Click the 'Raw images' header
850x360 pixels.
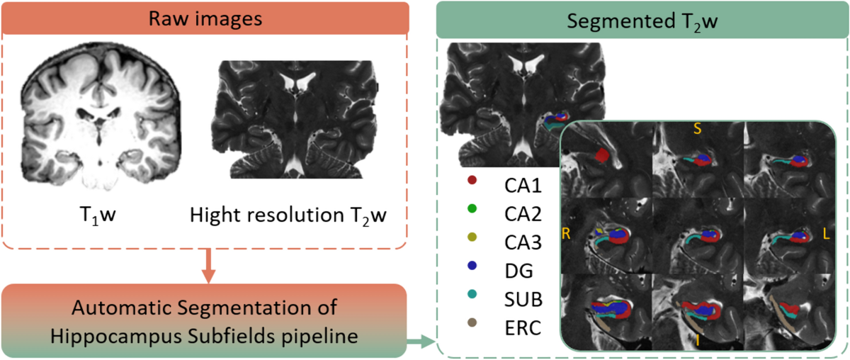point(206,18)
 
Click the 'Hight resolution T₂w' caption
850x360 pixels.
point(288,214)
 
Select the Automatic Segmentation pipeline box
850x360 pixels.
point(203,320)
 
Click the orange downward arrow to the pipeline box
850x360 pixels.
point(206,265)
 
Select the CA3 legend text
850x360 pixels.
point(523,242)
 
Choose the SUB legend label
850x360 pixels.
point(523,300)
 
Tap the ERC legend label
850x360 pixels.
point(523,328)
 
